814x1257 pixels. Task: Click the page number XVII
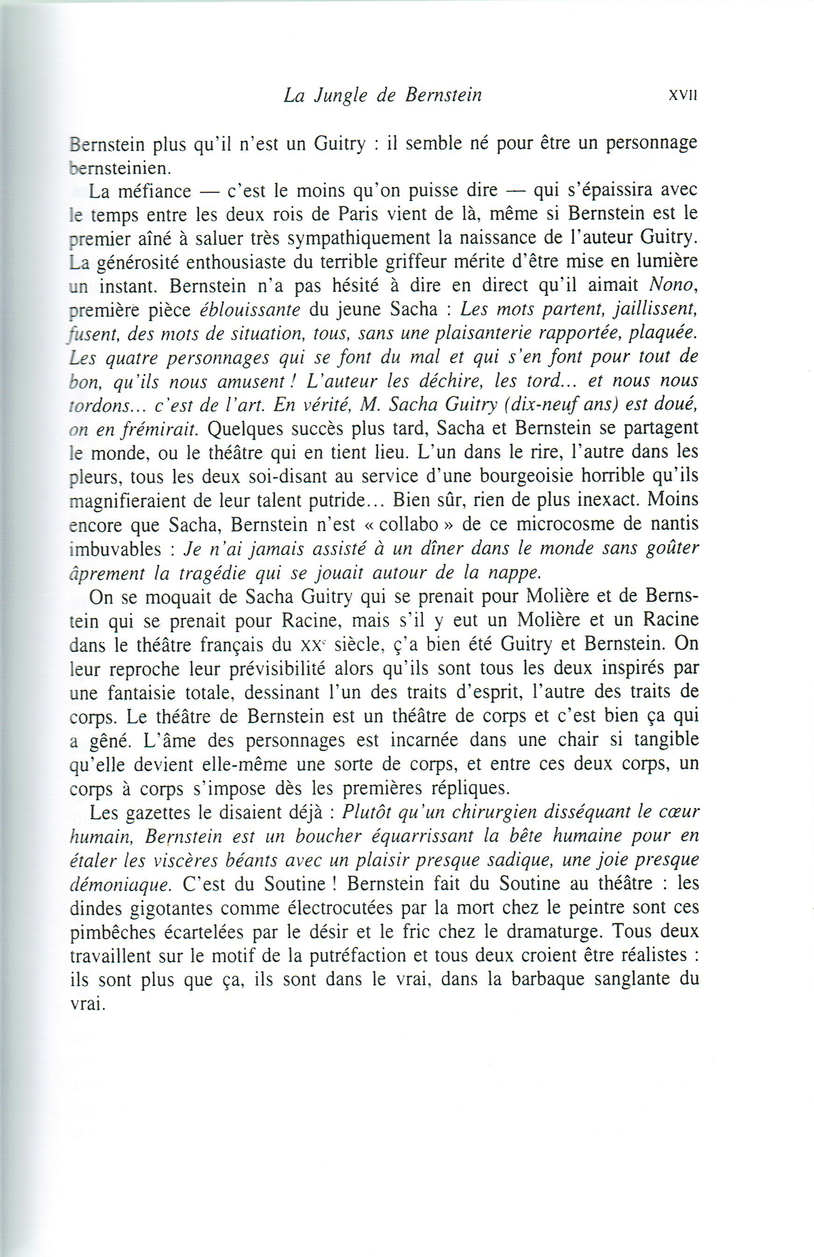(x=683, y=96)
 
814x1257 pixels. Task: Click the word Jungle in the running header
(x=341, y=96)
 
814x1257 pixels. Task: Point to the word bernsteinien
(x=121, y=167)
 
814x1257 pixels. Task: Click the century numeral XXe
(x=314, y=644)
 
